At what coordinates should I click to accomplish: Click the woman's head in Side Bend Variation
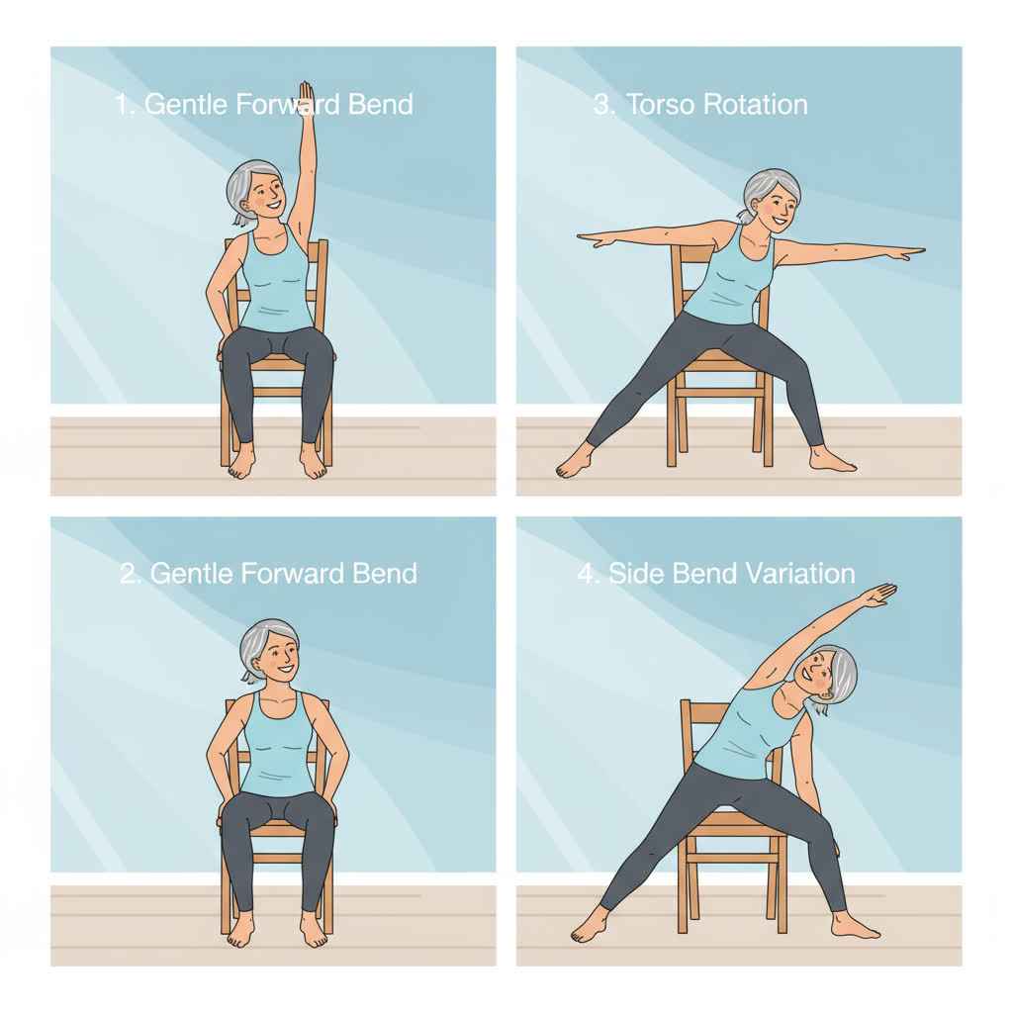(x=829, y=676)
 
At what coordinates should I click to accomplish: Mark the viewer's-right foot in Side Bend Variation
(x=855, y=927)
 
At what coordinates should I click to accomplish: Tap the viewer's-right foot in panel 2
(x=314, y=929)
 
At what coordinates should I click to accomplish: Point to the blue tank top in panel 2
(x=278, y=744)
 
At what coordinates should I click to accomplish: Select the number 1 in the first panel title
(x=123, y=105)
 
